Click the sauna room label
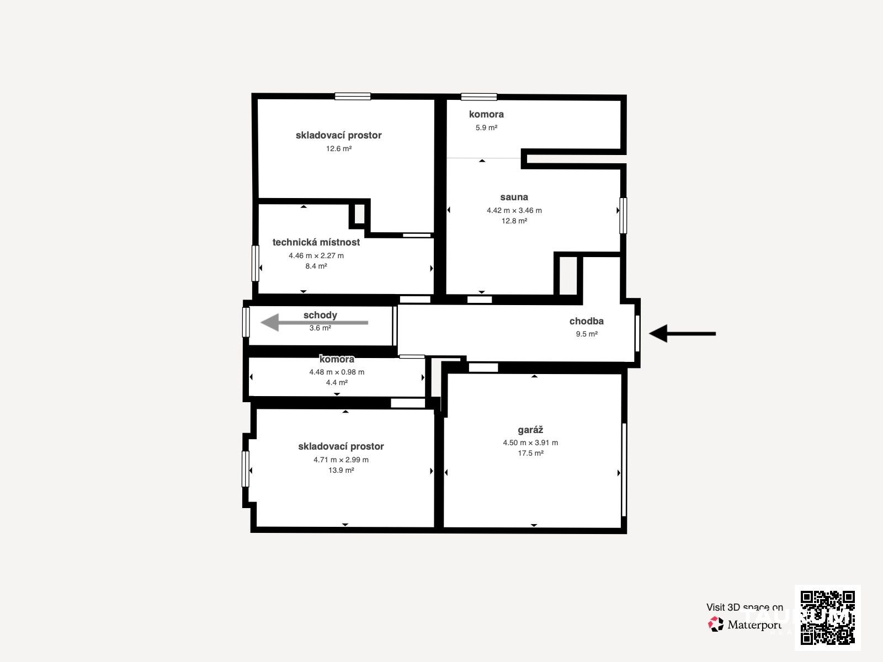coord(514,197)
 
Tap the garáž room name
coord(530,430)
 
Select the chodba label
coord(586,321)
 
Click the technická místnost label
coord(316,242)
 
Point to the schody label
coord(320,315)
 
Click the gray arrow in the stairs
coord(314,322)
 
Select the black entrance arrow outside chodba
coord(682,334)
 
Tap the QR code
coord(827,618)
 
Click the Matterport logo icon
coord(716,624)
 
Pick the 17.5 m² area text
coord(530,453)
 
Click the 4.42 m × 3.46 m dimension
coord(514,210)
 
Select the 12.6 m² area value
coord(339,148)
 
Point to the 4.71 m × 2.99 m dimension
coord(341,460)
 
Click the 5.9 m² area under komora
coord(486,127)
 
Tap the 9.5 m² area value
coord(587,334)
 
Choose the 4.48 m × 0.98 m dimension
coord(337,372)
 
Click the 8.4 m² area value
coord(316,266)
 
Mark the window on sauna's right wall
coord(623,216)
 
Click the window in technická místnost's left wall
coord(255,263)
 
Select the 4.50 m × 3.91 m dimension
coord(530,442)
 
